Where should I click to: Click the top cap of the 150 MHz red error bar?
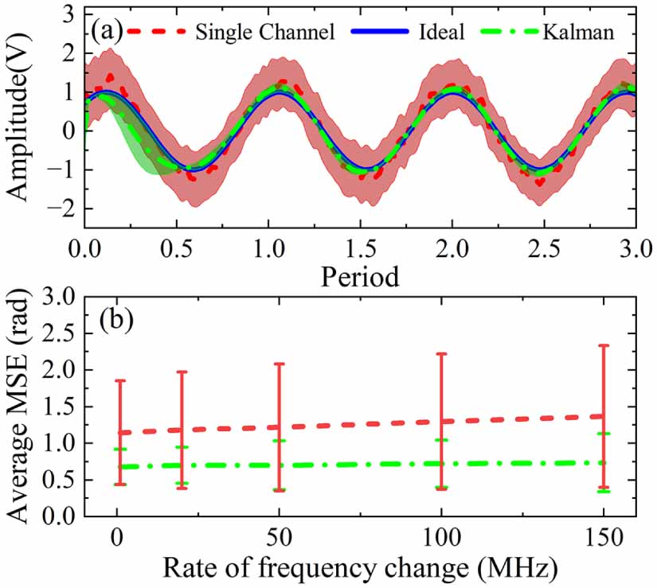tap(604, 345)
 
